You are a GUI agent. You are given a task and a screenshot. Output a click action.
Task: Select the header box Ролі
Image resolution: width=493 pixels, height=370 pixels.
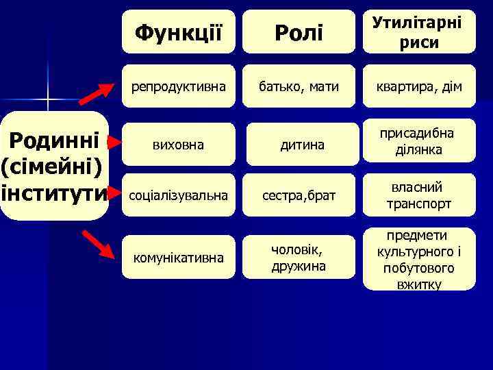299,32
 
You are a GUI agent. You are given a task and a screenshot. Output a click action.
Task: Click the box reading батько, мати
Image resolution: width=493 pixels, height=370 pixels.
299,86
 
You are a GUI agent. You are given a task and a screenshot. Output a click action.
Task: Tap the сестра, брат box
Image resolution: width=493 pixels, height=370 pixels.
299,196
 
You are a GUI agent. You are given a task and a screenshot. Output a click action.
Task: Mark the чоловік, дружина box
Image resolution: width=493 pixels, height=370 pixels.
299,256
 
